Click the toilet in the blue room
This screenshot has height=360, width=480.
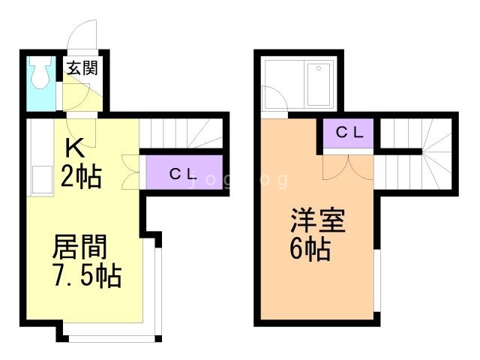[40, 73]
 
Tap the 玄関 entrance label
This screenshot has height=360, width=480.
[82, 68]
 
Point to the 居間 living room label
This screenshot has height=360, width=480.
[80, 247]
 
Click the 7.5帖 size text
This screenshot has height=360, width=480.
[88, 276]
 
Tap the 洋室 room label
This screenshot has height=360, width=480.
[318, 220]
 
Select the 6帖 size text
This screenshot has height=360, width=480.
[310, 249]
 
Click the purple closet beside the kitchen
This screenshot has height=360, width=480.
[184, 172]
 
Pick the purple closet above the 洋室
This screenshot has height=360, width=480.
[349, 133]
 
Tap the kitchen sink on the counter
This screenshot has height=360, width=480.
[42, 180]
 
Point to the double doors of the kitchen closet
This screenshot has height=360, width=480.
[130, 172]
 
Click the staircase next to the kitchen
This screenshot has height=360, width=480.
[181, 133]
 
